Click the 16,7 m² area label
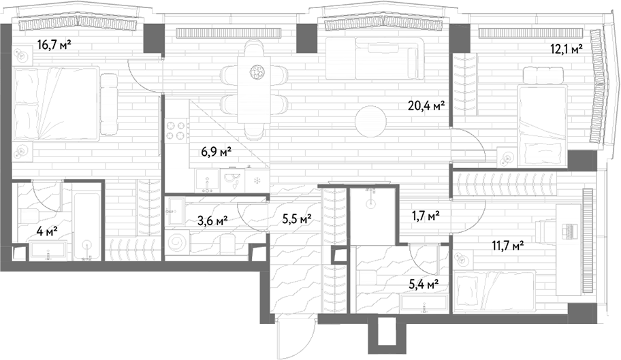[x=54, y=44]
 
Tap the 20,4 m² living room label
[x=426, y=105]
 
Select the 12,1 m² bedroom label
[x=567, y=49]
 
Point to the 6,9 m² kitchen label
[x=217, y=152]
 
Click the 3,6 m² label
[x=212, y=220]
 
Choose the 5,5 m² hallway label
[x=297, y=218]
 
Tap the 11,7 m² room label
[x=508, y=246]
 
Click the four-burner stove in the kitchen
[x=176, y=131]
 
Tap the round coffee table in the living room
[x=370, y=122]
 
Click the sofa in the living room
[x=375, y=59]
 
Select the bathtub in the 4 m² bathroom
[x=87, y=227]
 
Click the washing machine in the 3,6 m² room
[x=177, y=242]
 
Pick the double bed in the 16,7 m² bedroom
[x=56, y=103]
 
